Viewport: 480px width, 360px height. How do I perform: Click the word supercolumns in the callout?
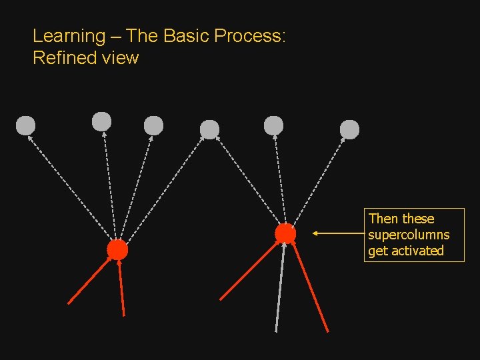click(409, 235)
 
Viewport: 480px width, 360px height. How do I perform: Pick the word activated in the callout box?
click(418, 251)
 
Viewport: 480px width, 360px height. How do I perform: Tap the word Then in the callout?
click(383, 219)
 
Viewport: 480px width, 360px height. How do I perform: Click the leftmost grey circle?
click(25, 125)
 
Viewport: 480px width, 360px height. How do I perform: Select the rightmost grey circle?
click(349, 129)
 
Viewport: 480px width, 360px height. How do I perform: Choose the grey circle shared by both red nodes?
click(209, 129)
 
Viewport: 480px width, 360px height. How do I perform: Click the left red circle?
click(117, 250)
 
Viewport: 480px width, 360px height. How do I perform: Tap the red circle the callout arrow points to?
click(285, 233)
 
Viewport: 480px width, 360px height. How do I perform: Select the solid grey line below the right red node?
click(281, 287)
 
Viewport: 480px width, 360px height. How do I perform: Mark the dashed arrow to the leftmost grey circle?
click(70, 186)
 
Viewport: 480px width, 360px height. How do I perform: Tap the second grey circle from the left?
click(101, 121)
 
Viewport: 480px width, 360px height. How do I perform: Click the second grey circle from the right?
click(273, 125)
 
